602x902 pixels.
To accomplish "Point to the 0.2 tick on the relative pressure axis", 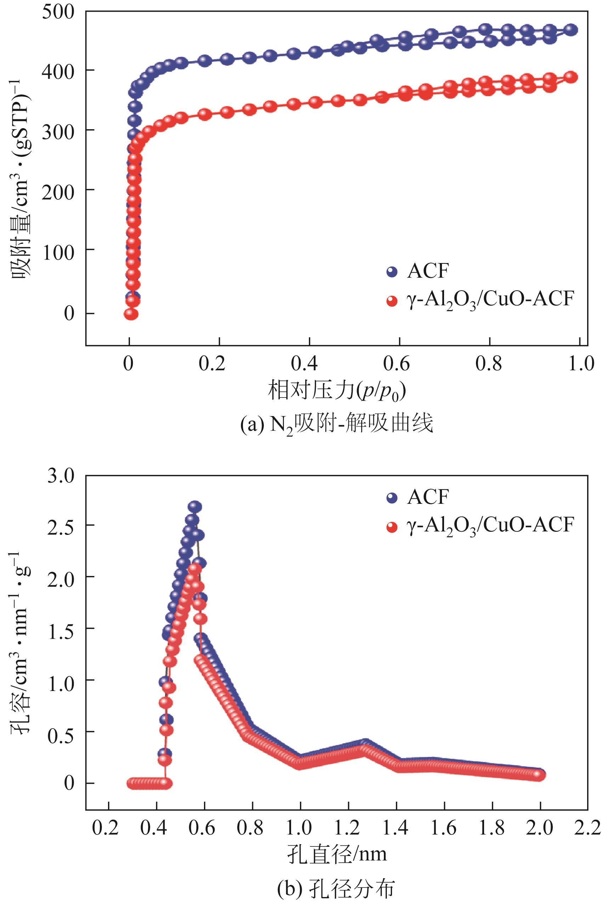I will coord(212,363).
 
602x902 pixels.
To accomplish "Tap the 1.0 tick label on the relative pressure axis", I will coord(581,363).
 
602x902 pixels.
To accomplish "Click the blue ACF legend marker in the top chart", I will coord(392,272).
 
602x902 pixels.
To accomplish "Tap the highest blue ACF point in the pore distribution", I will coord(195,507).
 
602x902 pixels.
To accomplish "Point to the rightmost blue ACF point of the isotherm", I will coord(572,30).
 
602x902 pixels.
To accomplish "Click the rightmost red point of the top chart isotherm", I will coord(572,77).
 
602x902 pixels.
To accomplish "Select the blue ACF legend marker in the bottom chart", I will coord(392,498).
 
